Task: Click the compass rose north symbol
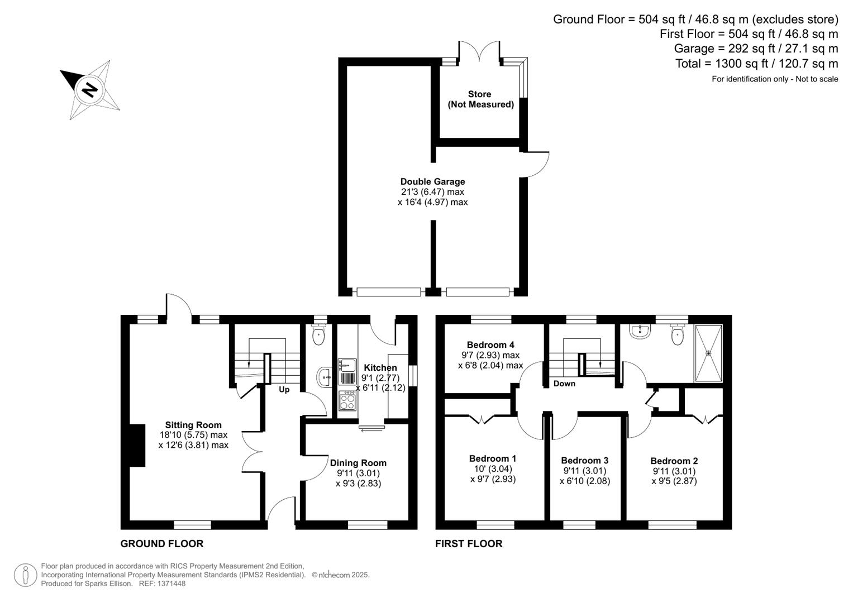(89, 89)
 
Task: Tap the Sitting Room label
(193, 425)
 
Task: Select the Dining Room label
(358, 463)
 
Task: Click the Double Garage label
(432, 181)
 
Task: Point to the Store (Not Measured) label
(480, 99)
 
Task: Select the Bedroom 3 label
(584, 461)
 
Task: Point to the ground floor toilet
(319, 336)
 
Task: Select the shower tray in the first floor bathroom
(708, 353)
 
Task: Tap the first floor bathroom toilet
(678, 335)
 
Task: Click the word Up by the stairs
(284, 390)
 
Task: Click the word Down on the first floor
(564, 384)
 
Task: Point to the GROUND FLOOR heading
(162, 544)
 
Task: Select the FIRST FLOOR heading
(469, 544)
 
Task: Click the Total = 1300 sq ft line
(756, 64)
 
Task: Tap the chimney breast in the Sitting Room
(137, 445)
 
